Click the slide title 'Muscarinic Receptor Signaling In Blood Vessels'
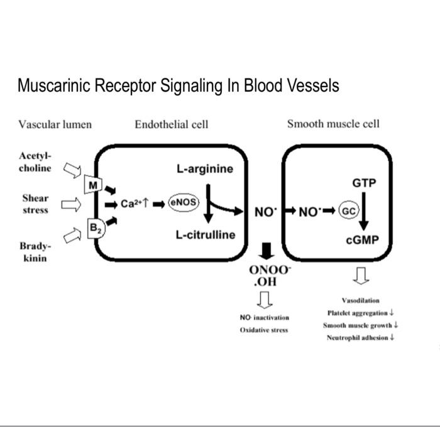(178, 85)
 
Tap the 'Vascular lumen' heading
(55, 124)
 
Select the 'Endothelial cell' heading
(171, 124)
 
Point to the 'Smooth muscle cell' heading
(333, 124)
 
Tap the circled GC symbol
(348, 211)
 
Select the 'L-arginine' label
(204, 169)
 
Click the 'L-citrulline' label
(205, 235)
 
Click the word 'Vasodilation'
(360, 301)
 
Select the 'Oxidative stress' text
(263, 330)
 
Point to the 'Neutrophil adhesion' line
(360, 338)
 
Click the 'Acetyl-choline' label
(36, 162)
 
